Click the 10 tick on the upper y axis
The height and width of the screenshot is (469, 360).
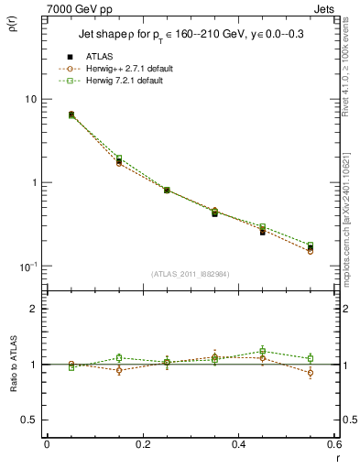(x=30, y=99)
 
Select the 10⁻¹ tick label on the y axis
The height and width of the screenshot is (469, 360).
(x=27, y=267)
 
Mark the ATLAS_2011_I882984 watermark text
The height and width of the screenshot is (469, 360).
(x=190, y=274)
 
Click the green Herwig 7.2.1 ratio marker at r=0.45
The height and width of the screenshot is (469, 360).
(x=262, y=351)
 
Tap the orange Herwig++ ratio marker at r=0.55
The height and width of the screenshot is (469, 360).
(x=311, y=373)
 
